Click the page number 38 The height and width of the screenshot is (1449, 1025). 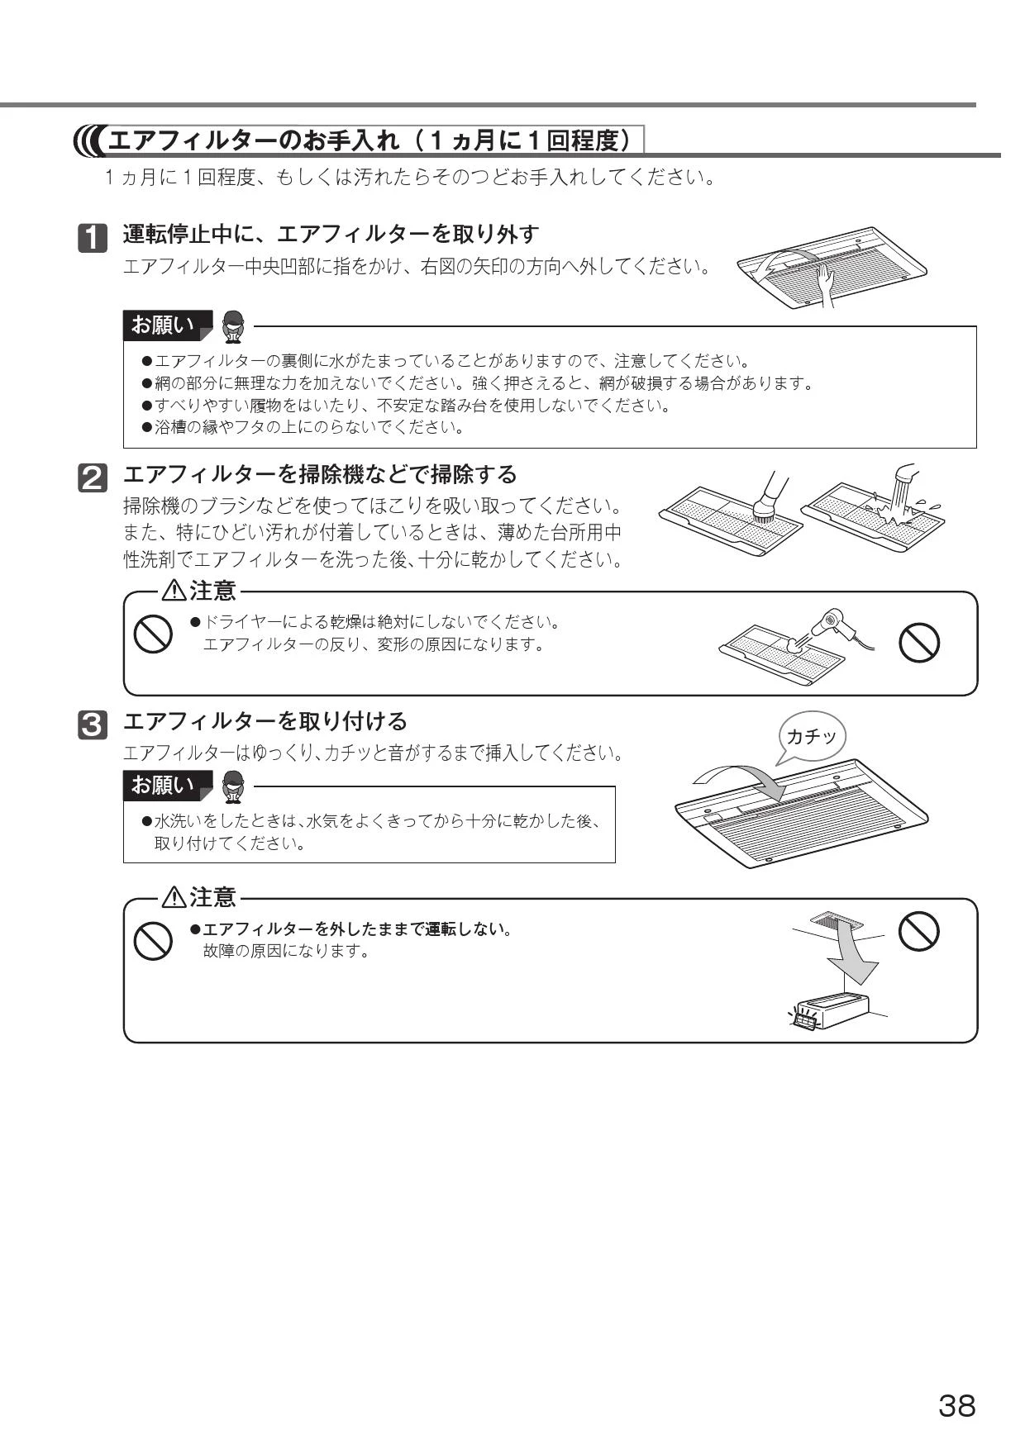point(956,1405)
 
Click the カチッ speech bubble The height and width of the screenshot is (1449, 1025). point(812,738)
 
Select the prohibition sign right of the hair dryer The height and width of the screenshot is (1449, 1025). point(918,642)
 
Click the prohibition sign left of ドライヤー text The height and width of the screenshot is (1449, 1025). point(153,634)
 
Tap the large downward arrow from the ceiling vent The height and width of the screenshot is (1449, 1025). point(854,954)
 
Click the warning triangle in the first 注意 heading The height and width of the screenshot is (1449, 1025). point(174,591)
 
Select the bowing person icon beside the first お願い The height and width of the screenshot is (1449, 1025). point(234,326)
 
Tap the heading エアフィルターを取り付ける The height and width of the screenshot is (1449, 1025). point(265,721)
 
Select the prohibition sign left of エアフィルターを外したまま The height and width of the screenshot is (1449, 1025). point(153,940)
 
